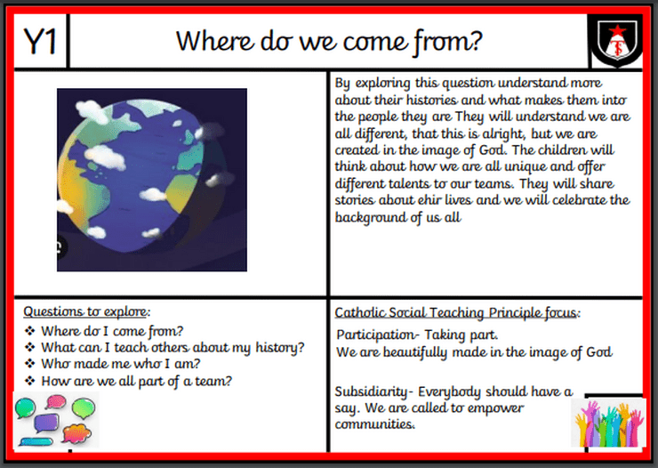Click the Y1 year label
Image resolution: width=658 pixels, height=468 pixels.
coord(40,42)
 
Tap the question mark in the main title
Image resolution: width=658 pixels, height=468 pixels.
coord(476,41)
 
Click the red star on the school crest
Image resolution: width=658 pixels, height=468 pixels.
coord(618,30)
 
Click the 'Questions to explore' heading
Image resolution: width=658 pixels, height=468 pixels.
coord(86,312)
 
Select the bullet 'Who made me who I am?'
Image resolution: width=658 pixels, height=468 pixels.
coord(120,364)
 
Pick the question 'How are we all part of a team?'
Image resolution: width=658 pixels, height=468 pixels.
coord(136,381)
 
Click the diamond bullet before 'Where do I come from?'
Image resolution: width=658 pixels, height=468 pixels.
coord(29,331)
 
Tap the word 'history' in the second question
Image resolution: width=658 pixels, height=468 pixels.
coord(277,348)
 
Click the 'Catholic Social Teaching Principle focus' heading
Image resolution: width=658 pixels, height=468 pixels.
coord(457,313)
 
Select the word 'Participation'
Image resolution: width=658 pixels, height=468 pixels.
coord(375,335)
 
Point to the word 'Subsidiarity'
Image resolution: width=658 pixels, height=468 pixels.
coord(371,392)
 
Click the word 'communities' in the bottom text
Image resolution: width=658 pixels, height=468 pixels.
coord(374,424)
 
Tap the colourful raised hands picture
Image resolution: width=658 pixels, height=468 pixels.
coord(608,423)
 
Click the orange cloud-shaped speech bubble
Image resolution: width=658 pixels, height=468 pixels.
coord(76,433)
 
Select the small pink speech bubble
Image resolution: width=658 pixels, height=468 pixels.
coord(55,402)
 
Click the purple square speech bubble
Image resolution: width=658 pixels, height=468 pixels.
coord(45,423)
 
